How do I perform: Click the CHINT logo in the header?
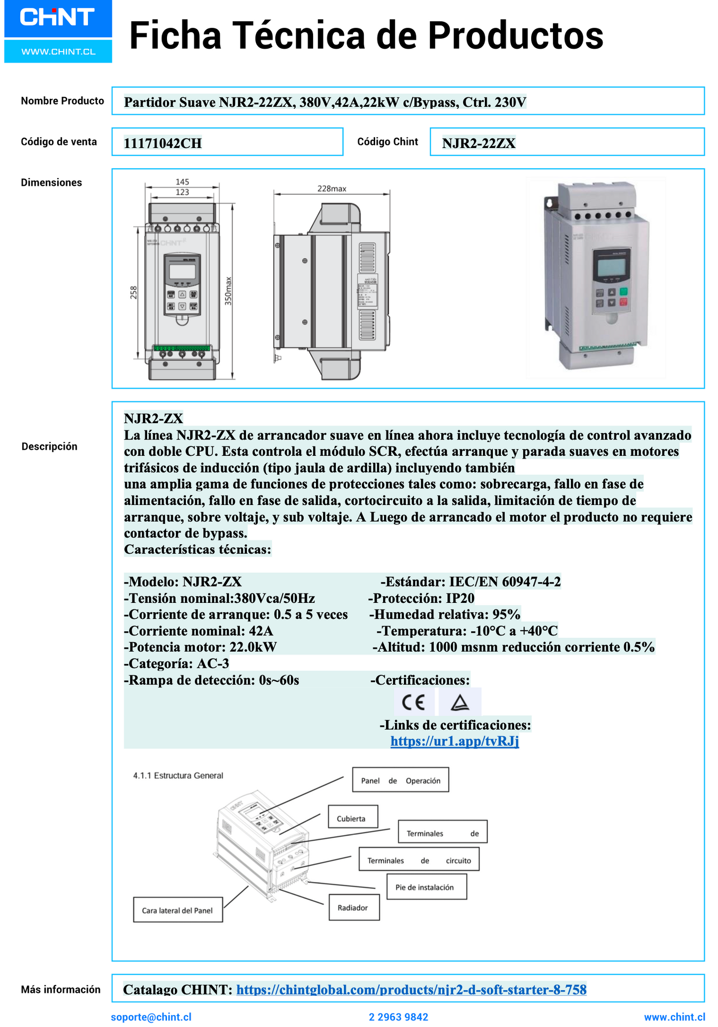click(x=58, y=18)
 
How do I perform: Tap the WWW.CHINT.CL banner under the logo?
click(x=58, y=52)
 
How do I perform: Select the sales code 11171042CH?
click(x=162, y=144)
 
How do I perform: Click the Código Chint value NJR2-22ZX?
click(x=479, y=144)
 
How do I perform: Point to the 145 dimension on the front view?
click(x=182, y=182)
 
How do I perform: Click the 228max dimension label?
click(x=331, y=189)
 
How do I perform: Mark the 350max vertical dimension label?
click(x=228, y=291)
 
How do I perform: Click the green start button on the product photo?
click(x=624, y=292)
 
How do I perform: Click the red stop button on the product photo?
click(x=624, y=302)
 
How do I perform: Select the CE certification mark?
click(x=413, y=702)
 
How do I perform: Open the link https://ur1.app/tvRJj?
click(x=454, y=741)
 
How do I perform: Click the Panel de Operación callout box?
click(x=400, y=781)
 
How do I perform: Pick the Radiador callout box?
click(x=354, y=908)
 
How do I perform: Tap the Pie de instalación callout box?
click(x=426, y=887)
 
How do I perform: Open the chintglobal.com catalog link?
click(x=411, y=990)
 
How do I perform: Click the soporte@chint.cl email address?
click(x=151, y=1017)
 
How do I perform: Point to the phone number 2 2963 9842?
click(x=398, y=1017)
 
